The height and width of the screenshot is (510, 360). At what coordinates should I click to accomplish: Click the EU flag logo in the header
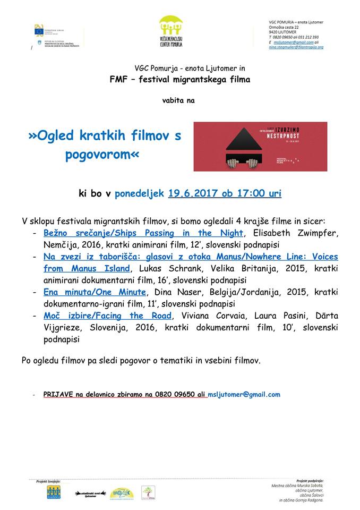click(39, 30)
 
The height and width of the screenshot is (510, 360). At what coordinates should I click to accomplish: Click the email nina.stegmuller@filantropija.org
click(296, 47)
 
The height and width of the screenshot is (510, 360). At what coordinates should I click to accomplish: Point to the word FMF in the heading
click(118, 80)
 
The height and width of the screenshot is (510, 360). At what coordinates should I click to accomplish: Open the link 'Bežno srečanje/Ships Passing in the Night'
click(143, 233)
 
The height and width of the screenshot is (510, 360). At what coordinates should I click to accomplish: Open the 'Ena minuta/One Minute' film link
click(95, 292)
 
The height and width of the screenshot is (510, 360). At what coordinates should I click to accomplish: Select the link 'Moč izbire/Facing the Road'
click(108, 316)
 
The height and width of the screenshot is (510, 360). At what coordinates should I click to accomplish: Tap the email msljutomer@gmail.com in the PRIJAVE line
click(244, 395)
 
